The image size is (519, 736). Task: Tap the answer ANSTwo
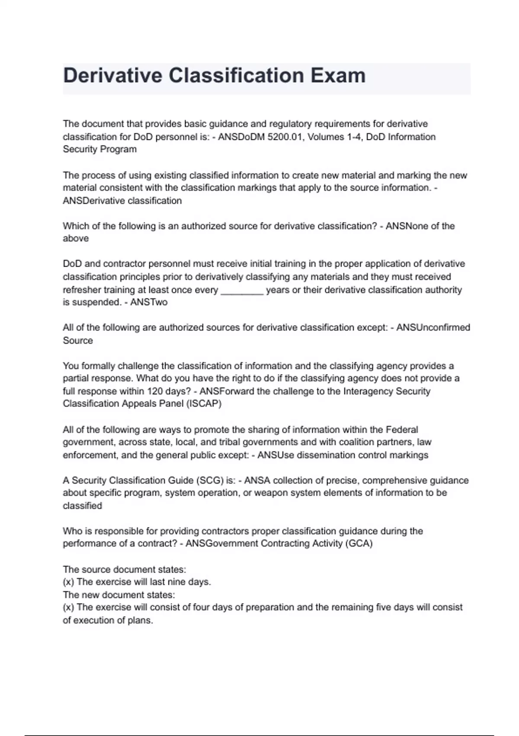point(149,302)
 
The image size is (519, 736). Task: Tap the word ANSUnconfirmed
point(433,328)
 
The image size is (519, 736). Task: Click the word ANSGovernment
point(221,544)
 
